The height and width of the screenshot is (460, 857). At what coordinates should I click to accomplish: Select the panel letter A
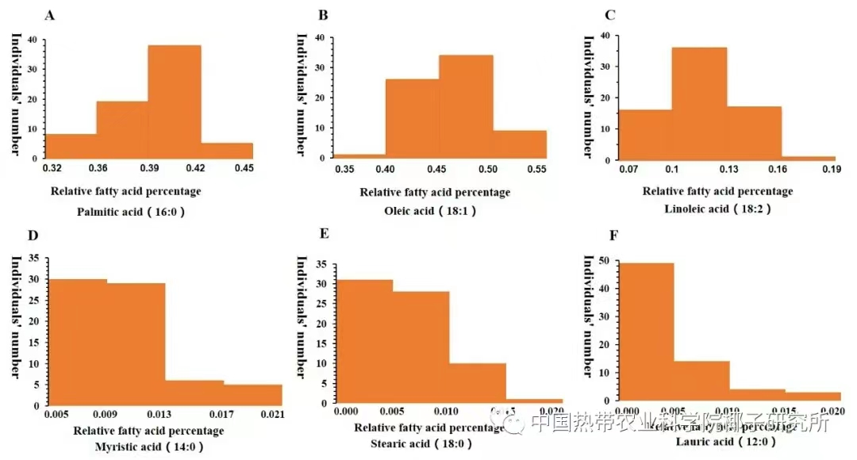tap(50, 15)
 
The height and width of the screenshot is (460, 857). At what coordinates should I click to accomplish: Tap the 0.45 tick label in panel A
tap(244, 167)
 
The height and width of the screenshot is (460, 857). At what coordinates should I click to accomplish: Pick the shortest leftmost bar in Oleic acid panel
tap(359, 155)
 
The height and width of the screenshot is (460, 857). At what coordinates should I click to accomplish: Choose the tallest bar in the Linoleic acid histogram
tap(699, 103)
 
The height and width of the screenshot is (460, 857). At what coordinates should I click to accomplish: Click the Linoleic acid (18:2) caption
tap(717, 208)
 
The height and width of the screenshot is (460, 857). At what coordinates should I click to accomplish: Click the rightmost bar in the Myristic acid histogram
tap(252, 394)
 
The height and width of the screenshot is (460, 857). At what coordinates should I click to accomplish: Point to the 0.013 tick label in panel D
tap(165, 414)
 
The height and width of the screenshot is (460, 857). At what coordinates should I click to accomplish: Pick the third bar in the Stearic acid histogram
tap(478, 383)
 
